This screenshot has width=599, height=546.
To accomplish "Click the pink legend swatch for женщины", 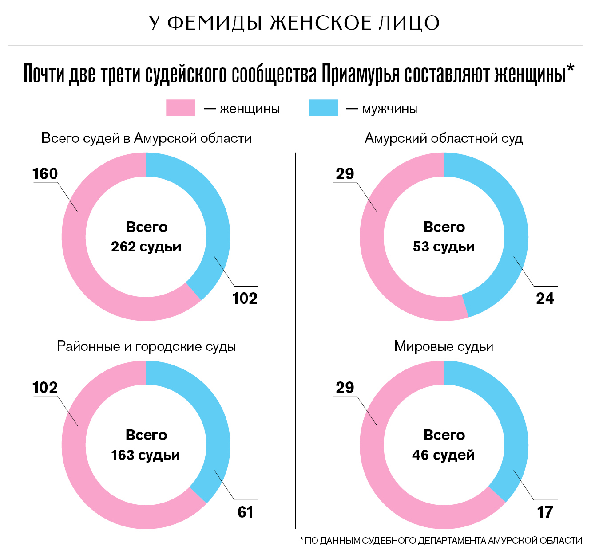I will [180, 108].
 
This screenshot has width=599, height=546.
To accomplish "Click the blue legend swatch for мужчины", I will [323, 108].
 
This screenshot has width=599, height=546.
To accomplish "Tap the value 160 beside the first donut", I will [45, 173].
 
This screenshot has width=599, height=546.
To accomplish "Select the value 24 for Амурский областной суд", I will [545, 299].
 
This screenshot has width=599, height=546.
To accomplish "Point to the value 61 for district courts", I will [246, 512].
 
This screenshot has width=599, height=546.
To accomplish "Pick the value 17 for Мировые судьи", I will [545, 512].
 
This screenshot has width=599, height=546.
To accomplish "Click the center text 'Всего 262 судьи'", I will [146, 237].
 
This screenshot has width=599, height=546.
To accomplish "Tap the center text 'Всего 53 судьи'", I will [444, 237].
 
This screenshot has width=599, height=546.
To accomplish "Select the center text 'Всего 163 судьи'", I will [146, 445].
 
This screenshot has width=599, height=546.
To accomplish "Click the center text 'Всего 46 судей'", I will [444, 445].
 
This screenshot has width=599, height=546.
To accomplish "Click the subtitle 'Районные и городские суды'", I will [146, 346].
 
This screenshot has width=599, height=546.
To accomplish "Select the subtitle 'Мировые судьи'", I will [444, 346].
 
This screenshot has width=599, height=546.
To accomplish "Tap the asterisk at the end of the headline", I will [571, 68].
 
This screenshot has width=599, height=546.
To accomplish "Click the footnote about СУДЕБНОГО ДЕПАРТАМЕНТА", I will [442, 540].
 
